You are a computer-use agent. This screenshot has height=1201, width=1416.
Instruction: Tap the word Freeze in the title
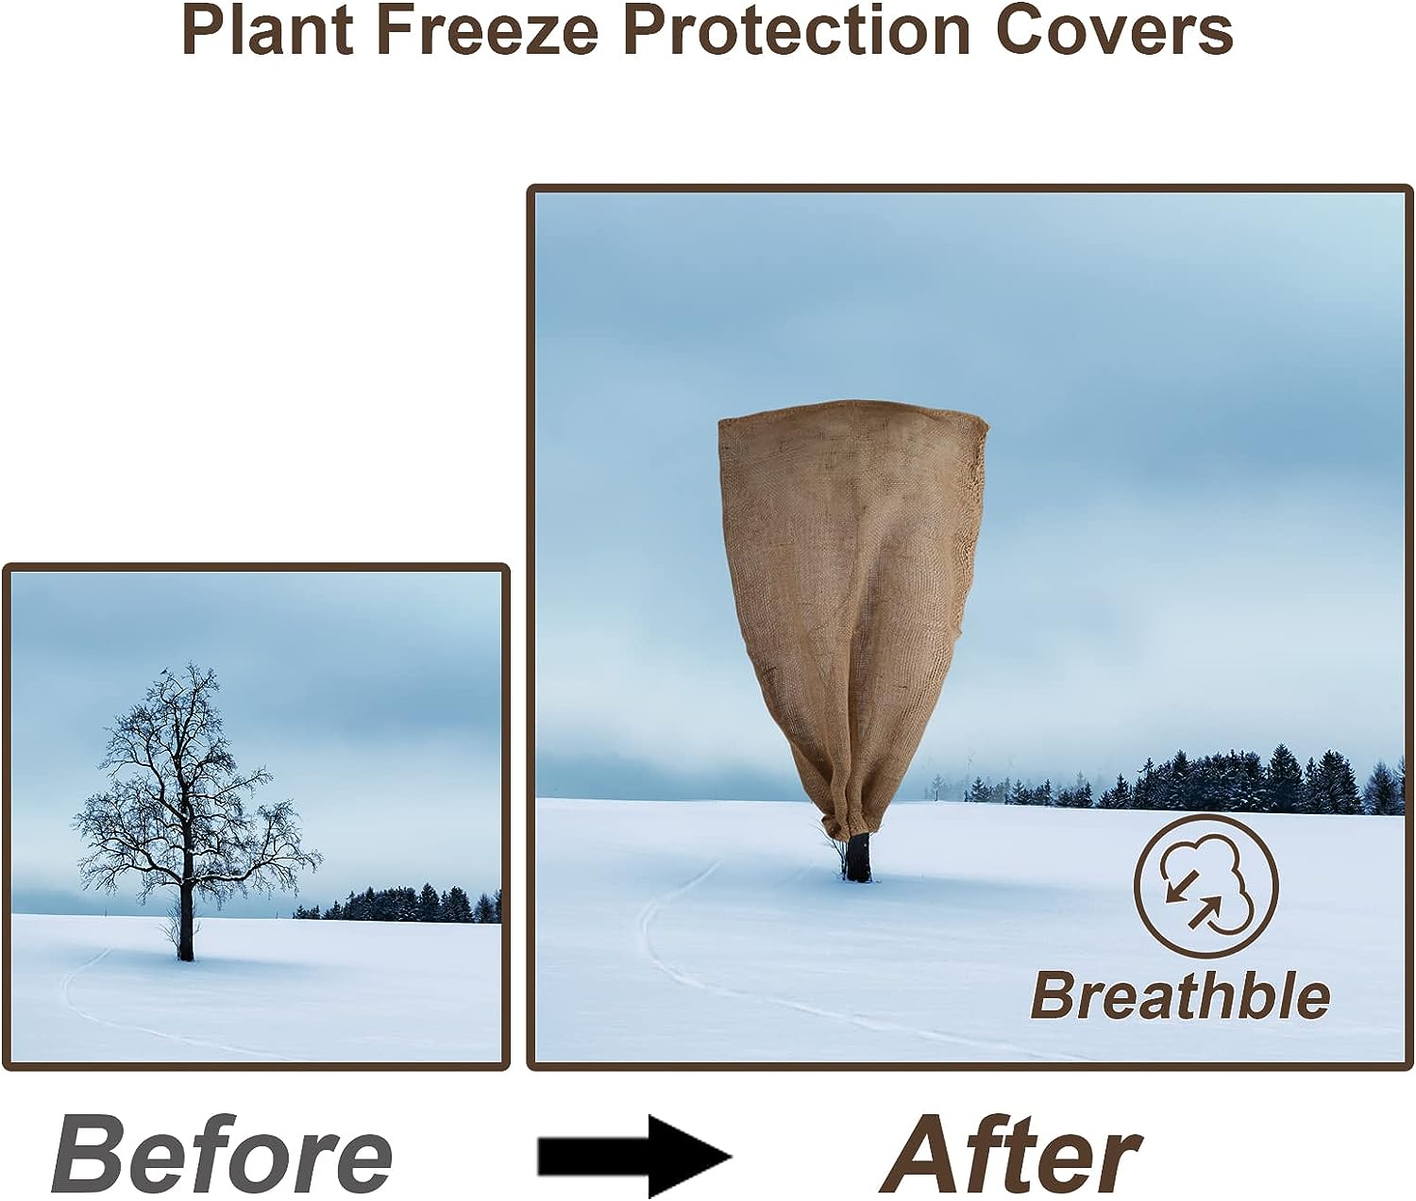coord(487,30)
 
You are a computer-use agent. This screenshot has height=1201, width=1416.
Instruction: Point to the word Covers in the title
coord(1114,30)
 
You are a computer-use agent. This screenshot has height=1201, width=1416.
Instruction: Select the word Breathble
coord(1179,996)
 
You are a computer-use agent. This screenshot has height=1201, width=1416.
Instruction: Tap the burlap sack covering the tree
coord(850,585)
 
